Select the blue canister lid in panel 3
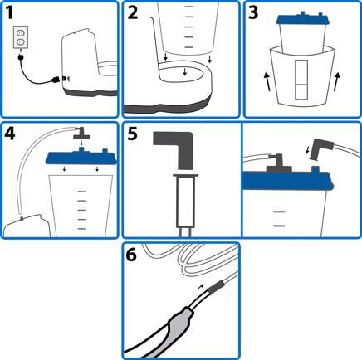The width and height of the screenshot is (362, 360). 301,19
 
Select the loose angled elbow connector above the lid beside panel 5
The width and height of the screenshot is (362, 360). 321,148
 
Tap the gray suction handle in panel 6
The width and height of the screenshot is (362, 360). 178,320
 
